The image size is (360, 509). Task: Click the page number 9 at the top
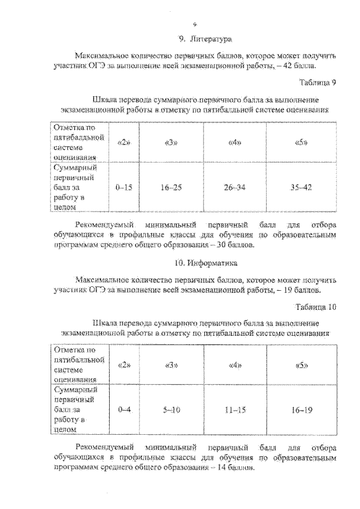[194, 24]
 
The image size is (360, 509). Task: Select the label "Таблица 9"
[317, 83]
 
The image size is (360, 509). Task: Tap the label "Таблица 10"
[316, 307]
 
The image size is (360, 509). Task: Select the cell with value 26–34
[235, 187]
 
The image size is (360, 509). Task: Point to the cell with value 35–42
[301, 187]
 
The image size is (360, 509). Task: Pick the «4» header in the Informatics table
[235, 365]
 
